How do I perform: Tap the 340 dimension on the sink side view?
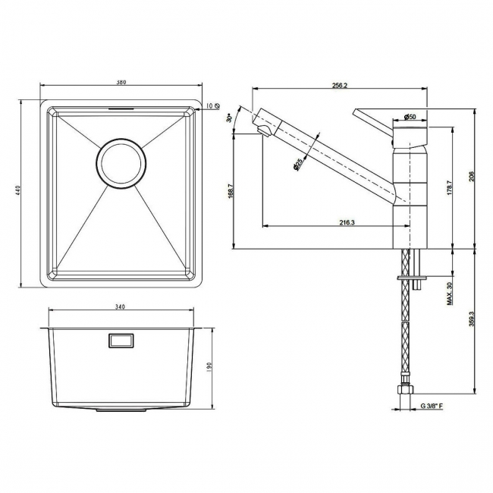pos(120,307)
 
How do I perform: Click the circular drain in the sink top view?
pos(119,162)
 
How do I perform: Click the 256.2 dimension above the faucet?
pos(339,86)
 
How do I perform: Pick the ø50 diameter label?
pos(408,116)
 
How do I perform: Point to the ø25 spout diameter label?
pos(298,163)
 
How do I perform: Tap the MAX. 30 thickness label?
pos(449,294)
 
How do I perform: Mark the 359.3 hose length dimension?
pos(471,324)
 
